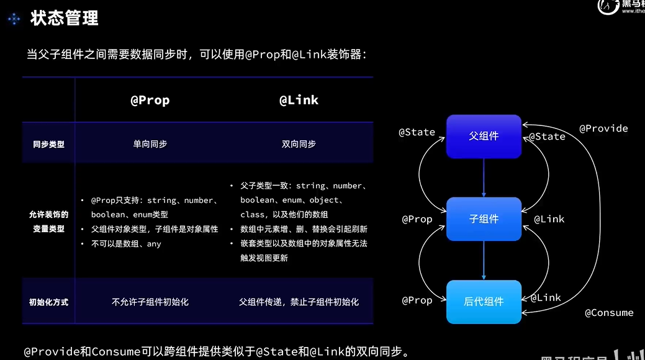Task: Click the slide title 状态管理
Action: point(65,19)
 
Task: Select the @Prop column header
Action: point(150,100)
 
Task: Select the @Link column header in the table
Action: point(299,100)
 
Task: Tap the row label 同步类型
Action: point(48,144)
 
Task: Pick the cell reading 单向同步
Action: point(150,144)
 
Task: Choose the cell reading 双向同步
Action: point(299,144)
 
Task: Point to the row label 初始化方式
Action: point(48,302)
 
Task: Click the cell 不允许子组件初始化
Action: point(150,302)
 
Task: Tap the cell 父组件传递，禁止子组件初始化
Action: point(299,302)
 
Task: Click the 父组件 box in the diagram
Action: point(484,136)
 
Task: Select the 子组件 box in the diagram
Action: point(484,218)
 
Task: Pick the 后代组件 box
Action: point(484,302)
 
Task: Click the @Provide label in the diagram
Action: point(603,128)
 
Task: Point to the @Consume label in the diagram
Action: point(609,313)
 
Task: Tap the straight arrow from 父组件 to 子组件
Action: point(484,178)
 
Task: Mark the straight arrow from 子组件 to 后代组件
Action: point(484,260)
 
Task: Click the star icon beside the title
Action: point(14,19)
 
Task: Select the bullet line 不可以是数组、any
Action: point(126,244)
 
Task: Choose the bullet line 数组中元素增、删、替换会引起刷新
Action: point(304,229)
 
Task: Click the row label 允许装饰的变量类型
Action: point(48,222)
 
